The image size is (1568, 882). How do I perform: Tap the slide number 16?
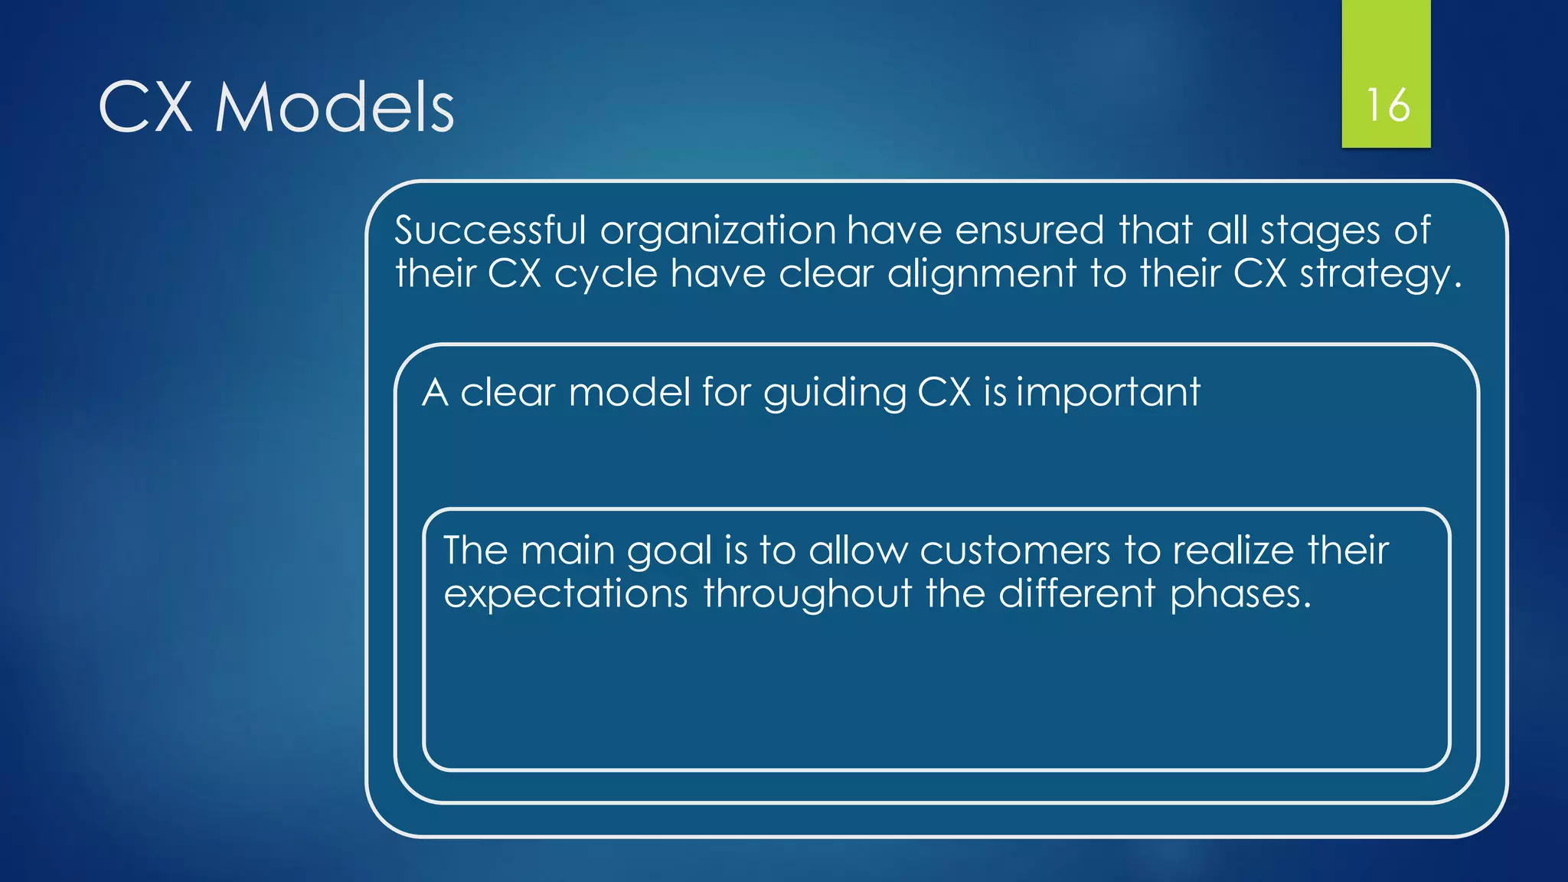coord(1387,105)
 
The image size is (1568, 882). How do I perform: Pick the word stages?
coord(1320,231)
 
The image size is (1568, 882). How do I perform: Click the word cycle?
coord(606,275)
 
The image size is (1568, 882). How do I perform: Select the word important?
coord(1108,394)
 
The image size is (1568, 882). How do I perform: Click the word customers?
coord(1014,550)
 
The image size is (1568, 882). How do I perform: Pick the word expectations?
coord(566,594)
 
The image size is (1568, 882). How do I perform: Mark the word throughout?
coord(808,594)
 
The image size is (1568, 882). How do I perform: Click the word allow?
coord(857,550)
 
